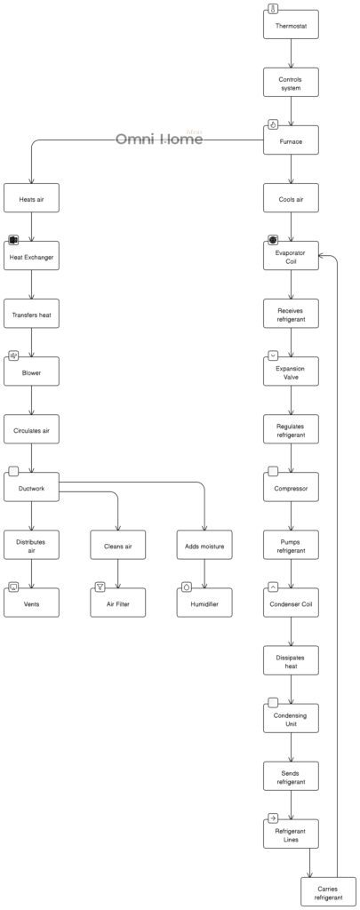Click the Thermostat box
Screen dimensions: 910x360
pos(291,26)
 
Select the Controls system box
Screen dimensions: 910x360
pos(291,84)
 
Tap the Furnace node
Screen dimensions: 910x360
pos(291,140)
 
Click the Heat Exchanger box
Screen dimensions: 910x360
pos(32,257)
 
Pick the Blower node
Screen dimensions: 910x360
pos(32,372)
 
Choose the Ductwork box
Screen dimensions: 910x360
pos(32,488)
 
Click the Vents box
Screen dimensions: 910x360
pos(32,603)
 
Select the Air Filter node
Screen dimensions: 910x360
pos(118,603)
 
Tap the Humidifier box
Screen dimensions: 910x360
pos(204,603)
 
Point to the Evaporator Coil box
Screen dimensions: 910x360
pos(291,257)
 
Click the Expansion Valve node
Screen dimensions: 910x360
pos(291,372)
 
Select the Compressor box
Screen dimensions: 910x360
pos(291,488)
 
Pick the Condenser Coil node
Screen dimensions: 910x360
pos(291,603)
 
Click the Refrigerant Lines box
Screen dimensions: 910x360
pos(291,834)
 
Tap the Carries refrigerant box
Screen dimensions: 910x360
pos(328,892)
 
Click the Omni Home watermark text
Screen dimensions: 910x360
pos(159,140)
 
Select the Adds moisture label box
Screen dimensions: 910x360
pos(204,546)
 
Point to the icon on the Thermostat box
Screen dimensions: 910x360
pos(273,9)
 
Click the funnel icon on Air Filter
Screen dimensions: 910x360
pos(100,587)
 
